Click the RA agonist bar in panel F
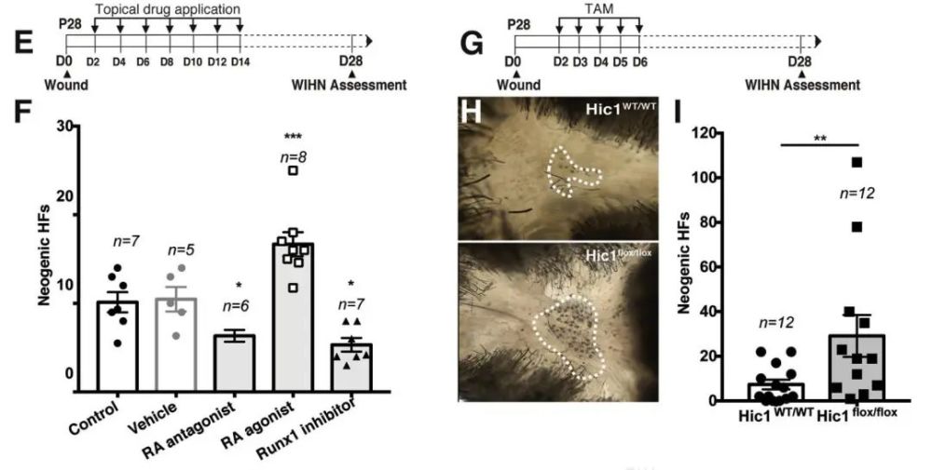[293, 317]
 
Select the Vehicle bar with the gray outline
[176, 344]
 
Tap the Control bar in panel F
[117, 346]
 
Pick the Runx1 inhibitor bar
[351, 368]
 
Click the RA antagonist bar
[235, 363]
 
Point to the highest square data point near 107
[857, 162]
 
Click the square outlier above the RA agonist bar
[293, 171]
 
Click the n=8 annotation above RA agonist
[293, 157]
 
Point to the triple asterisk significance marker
[293, 138]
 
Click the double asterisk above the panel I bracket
[821, 139]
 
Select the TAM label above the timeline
[598, 9]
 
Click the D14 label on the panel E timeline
[240, 62]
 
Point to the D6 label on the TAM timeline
[639, 62]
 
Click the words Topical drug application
[168, 9]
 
